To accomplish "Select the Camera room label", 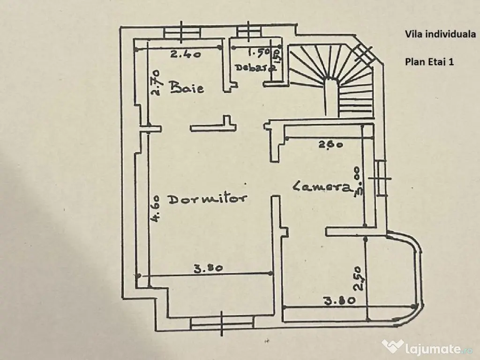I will pos(322,187).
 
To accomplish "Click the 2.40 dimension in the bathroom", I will pos(186,54).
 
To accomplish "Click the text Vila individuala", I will pos(440,34).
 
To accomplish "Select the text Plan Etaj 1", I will pos(429,61).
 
